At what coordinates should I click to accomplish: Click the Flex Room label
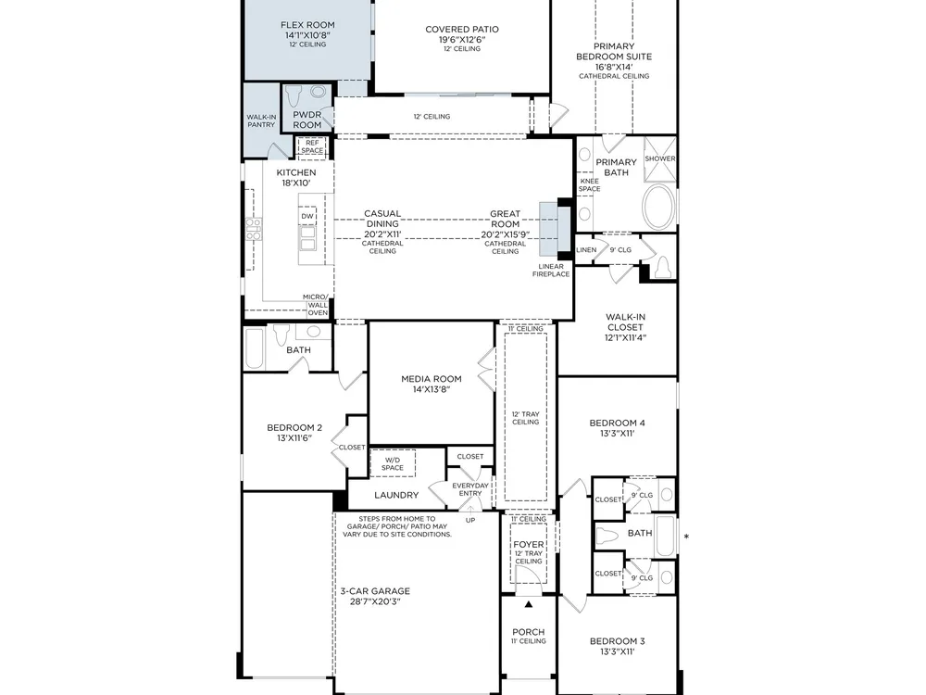(x=307, y=25)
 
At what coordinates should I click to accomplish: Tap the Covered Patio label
(x=462, y=29)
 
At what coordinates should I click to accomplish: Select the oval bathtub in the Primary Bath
(x=658, y=207)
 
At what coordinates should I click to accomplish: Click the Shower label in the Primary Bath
(x=659, y=158)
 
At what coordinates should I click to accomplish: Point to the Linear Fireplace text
(x=551, y=270)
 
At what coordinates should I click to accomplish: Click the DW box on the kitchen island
(x=307, y=216)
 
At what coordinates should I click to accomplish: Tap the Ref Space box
(x=312, y=146)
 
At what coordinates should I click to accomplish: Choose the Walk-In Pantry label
(x=261, y=120)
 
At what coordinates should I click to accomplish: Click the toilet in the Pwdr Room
(x=294, y=95)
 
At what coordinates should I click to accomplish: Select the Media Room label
(x=432, y=379)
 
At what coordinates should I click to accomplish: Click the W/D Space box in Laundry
(x=392, y=463)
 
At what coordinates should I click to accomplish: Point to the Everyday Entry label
(x=470, y=489)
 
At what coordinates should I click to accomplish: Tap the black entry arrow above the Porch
(x=529, y=604)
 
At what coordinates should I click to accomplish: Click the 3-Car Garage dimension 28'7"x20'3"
(x=374, y=601)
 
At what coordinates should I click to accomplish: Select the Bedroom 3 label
(x=617, y=640)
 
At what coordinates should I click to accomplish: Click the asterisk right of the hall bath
(x=686, y=537)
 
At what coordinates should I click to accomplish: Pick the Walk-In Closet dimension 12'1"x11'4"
(x=625, y=337)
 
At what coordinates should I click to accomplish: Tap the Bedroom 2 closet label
(x=352, y=448)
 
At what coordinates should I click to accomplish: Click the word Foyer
(x=529, y=544)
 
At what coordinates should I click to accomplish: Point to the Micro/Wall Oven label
(x=317, y=305)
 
